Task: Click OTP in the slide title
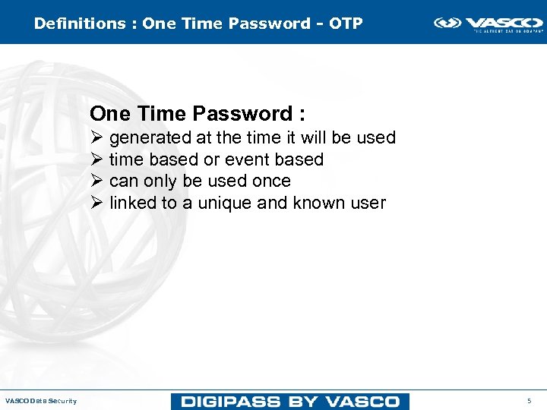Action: [346, 24]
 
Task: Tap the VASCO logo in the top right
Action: [488, 24]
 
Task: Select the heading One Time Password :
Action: [198, 114]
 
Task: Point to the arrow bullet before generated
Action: [96, 138]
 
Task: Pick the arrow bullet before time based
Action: [96, 159]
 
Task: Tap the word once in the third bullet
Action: [270, 181]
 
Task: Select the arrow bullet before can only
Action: [96, 181]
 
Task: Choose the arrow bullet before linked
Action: [96, 203]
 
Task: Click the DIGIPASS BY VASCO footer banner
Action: [290, 401]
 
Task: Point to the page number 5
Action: [530, 401]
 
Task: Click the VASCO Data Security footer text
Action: [41, 401]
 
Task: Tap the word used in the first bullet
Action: [378, 138]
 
